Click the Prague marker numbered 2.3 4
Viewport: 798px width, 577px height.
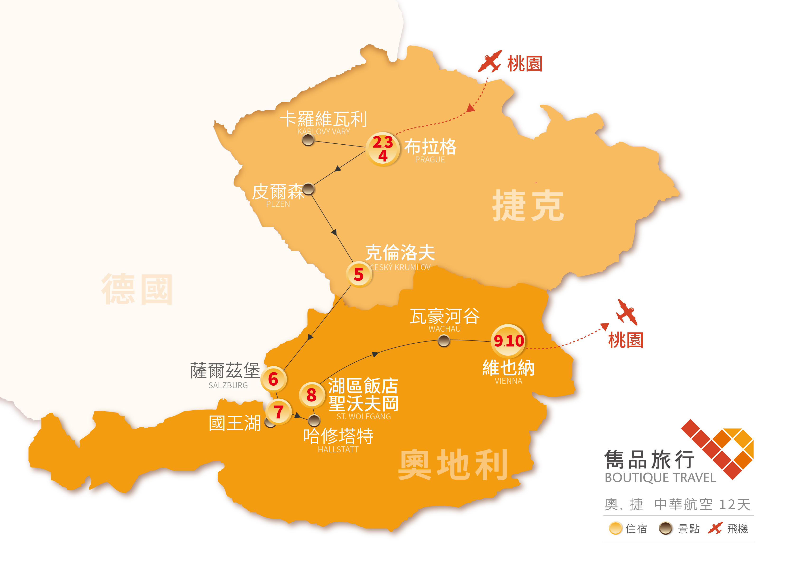tap(383, 149)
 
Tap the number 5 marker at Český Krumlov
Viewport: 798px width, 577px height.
tap(359, 274)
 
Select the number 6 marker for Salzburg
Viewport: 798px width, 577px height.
tap(273, 379)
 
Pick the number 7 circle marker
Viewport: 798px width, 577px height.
tap(279, 411)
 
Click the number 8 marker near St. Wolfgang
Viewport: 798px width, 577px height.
tap(311, 395)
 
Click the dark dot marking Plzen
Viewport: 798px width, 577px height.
tap(308, 189)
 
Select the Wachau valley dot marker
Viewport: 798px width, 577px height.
tap(444, 341)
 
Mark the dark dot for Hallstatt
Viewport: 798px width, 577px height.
tap(314, 420)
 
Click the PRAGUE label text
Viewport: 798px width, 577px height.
tap(430, 160)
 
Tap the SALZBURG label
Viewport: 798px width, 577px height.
tap(228, 385)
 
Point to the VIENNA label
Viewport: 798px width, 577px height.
tap(508, 381)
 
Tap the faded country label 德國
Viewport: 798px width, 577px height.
tap(137, 289)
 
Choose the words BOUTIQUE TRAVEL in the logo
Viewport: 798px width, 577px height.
tap(660, 478)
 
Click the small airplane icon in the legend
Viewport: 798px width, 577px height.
tap(715, 528)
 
